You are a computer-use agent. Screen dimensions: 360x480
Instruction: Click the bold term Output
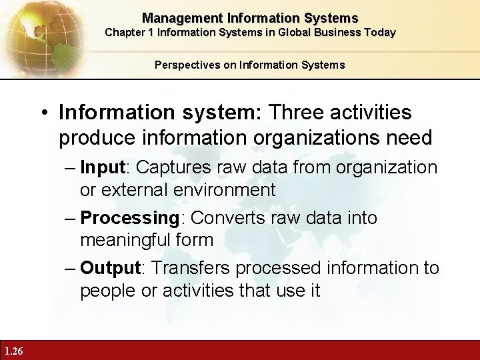pos(110,268)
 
